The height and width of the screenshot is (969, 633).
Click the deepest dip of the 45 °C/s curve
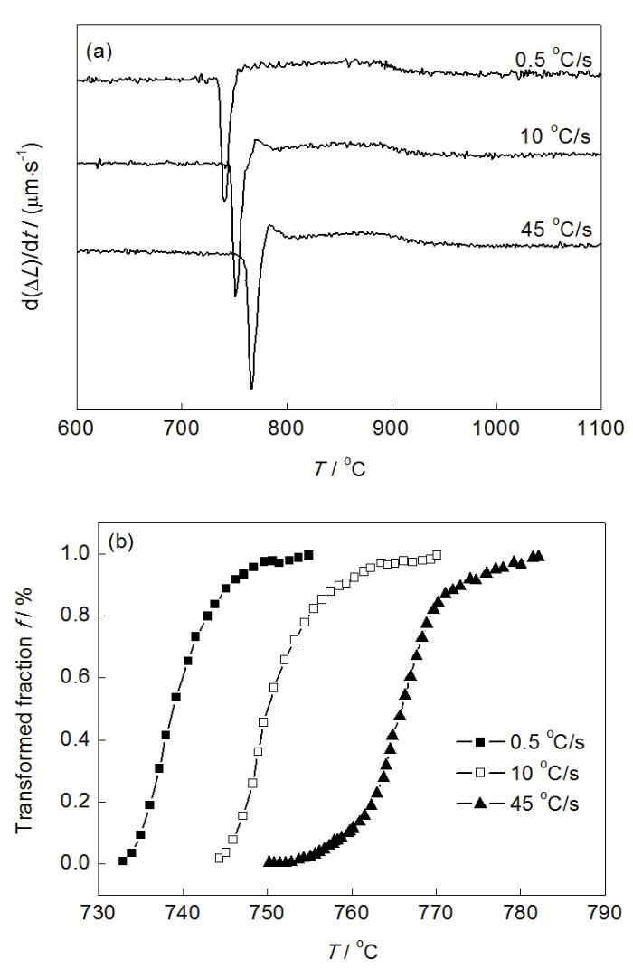pos(251,388)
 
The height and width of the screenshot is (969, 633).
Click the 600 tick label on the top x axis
pos(77,427)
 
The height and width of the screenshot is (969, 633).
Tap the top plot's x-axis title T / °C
pos(340,468)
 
